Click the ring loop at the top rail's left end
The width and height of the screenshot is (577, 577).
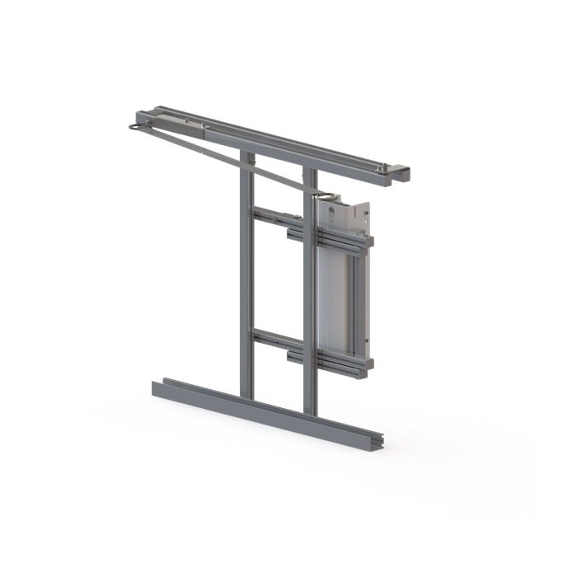135,128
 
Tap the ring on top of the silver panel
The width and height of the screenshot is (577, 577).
326,196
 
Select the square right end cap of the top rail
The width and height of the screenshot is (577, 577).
400,174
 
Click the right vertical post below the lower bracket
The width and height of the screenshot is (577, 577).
310,387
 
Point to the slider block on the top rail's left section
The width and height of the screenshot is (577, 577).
194,124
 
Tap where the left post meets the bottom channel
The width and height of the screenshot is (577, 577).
246,397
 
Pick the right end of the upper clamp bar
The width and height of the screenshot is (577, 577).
368,242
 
